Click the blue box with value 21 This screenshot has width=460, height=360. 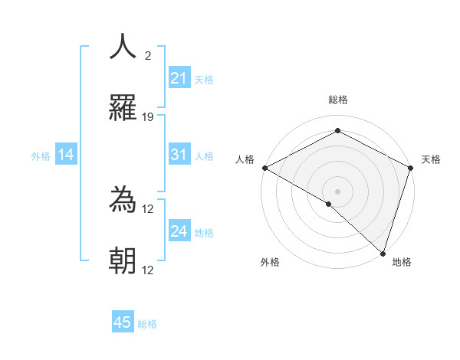point(179,77)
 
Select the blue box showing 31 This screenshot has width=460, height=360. point(179,155)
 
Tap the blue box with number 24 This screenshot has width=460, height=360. point(179,231)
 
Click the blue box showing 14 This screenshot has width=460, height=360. point(66,155)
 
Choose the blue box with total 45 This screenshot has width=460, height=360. point(123,322)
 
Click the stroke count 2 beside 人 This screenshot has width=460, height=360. point(148,55)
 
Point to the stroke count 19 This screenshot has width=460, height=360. point(148,117)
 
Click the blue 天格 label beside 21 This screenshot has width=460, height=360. point(204,79)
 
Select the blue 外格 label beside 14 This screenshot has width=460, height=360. point(41,156)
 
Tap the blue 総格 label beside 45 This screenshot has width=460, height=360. point(147,324)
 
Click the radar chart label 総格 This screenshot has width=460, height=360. point(338,100)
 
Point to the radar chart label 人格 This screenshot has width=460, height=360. point(245,159)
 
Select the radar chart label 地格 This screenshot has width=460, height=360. point(402,262)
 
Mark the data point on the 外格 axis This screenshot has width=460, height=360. point(329,204)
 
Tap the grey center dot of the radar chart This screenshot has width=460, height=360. point(338,191)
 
